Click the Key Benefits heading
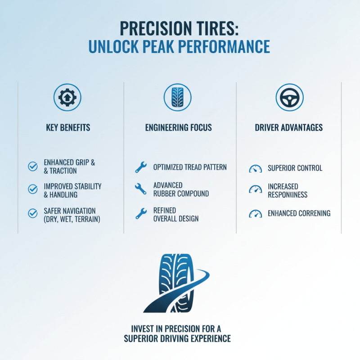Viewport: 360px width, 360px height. [68, 128]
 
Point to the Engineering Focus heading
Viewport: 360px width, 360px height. [179, 128]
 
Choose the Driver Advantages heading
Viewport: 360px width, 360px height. [289, 128]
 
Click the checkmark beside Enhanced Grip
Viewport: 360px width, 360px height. [33, 166]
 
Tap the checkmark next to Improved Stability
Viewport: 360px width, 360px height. [33, 190]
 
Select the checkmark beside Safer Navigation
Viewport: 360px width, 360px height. [33, 214]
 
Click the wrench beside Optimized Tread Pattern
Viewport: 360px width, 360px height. [141, 168]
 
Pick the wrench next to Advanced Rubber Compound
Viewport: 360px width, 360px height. [141, 189]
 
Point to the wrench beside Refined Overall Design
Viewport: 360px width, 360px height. [141, 214]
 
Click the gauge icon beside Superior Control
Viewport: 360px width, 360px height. [255, 169]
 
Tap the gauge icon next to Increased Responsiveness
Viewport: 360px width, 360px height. [255, 190]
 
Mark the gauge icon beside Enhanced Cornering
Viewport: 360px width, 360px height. [255, 214]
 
